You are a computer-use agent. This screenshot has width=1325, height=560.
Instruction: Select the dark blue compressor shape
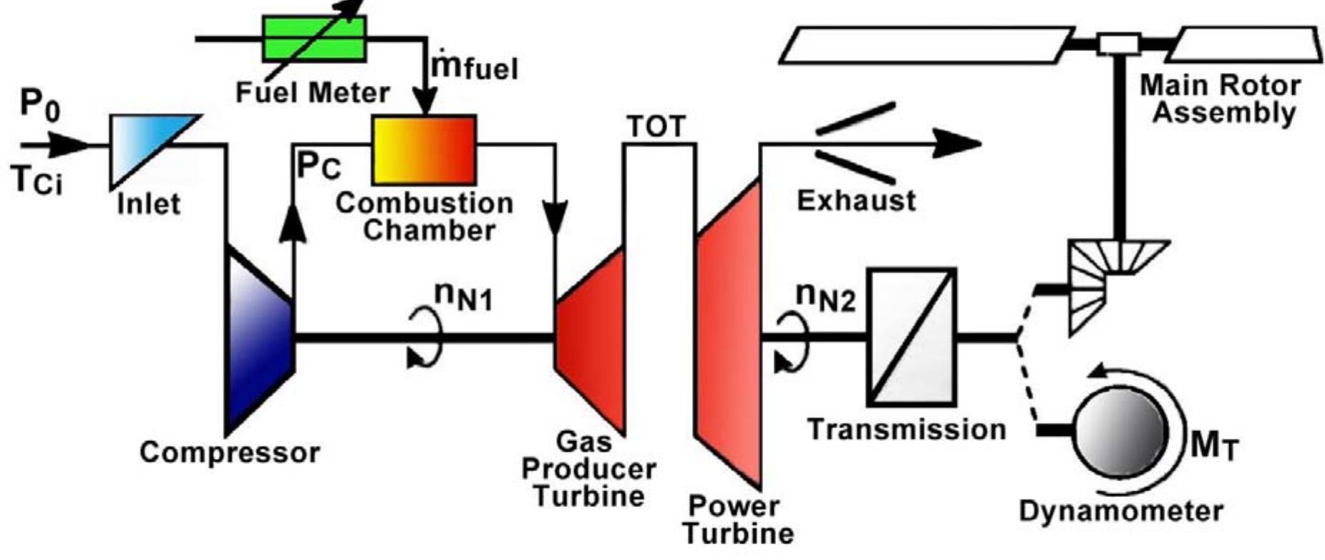(258, 337)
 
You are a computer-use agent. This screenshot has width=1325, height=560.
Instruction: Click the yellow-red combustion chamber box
(424, 150)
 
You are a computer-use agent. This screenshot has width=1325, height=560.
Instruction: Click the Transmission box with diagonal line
(911, 336)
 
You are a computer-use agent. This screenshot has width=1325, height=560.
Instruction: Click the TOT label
(656, 127)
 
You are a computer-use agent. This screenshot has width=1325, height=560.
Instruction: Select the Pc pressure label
(319, 166)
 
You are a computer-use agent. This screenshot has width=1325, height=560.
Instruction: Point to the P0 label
(40, 103)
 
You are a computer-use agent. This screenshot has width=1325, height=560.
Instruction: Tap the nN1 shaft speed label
(463, 296)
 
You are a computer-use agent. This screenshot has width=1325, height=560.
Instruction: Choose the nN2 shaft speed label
(825, 296)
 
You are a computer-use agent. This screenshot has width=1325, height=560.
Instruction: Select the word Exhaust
(855, 201)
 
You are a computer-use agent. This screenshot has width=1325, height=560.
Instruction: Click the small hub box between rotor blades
(1118, 44)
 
